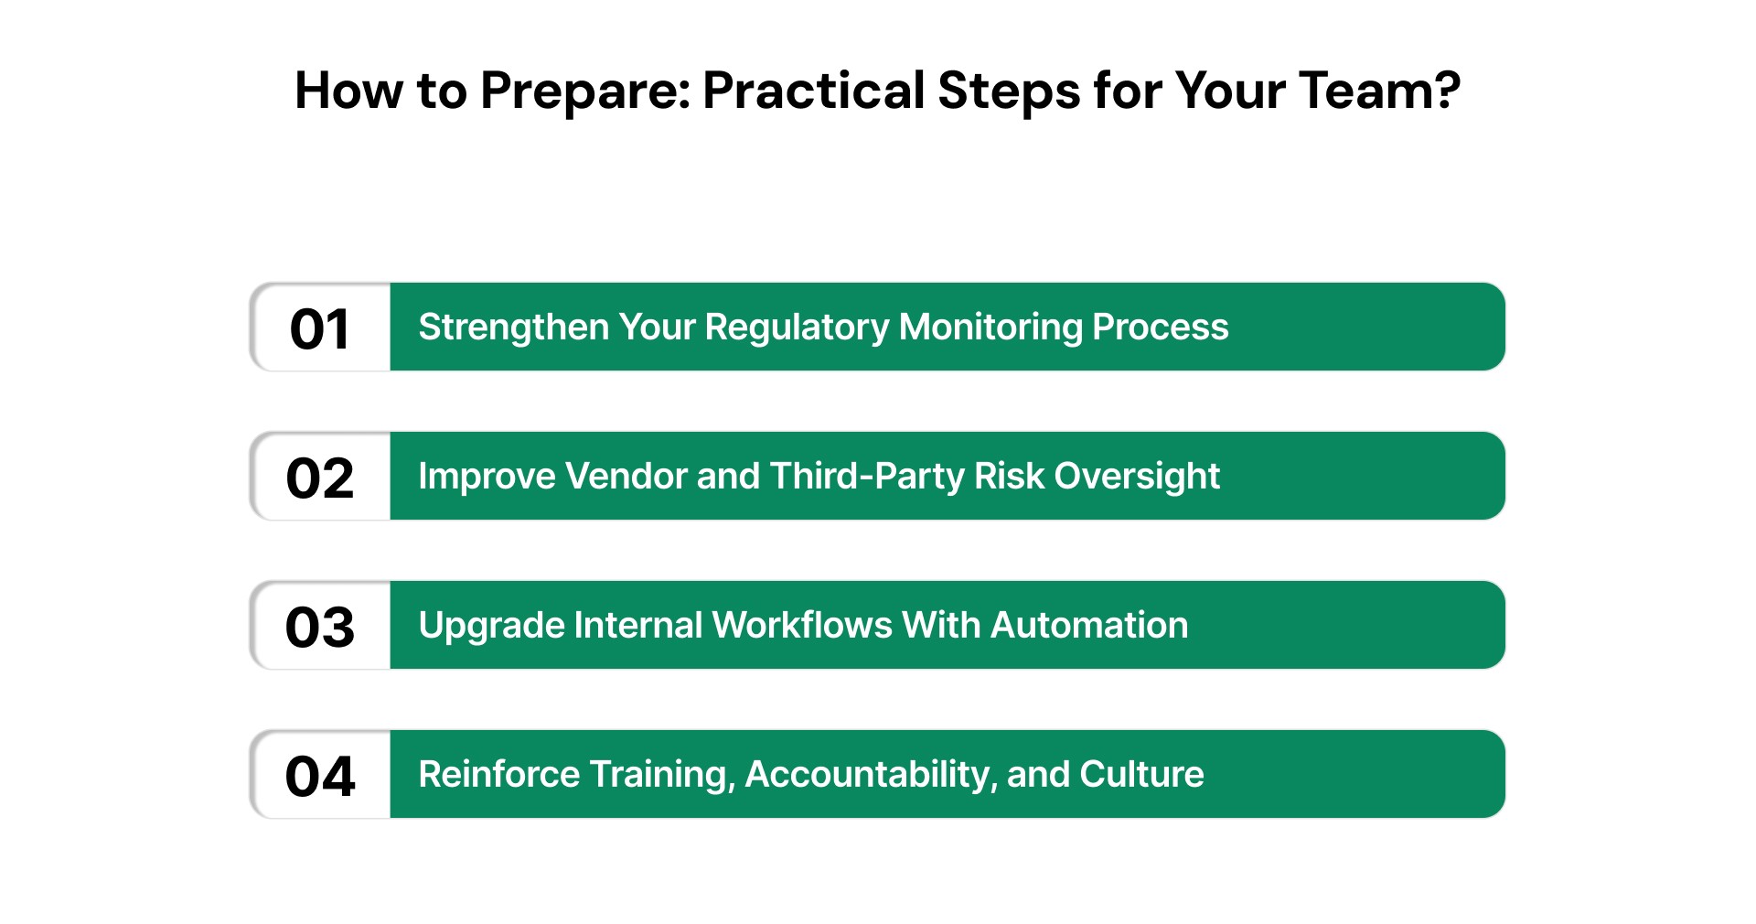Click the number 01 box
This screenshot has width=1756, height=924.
pyautogui.click(x=320, y=328)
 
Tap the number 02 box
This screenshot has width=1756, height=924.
pyautogui.click(x=320, y=477)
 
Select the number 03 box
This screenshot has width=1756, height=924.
pyautogui.click(x=320, y=626)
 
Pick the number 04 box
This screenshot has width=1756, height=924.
pyautogui.click(x=320, y=775)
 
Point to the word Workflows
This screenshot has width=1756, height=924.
pyautogui.click(x=802, y=625)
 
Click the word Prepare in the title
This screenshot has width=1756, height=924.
pyautogui.click(x=585, y=91)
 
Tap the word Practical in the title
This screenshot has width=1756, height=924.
pyautogui.click(x=814, y=91)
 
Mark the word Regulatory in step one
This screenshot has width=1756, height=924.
pyautogui.click(x=797, y=327)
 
